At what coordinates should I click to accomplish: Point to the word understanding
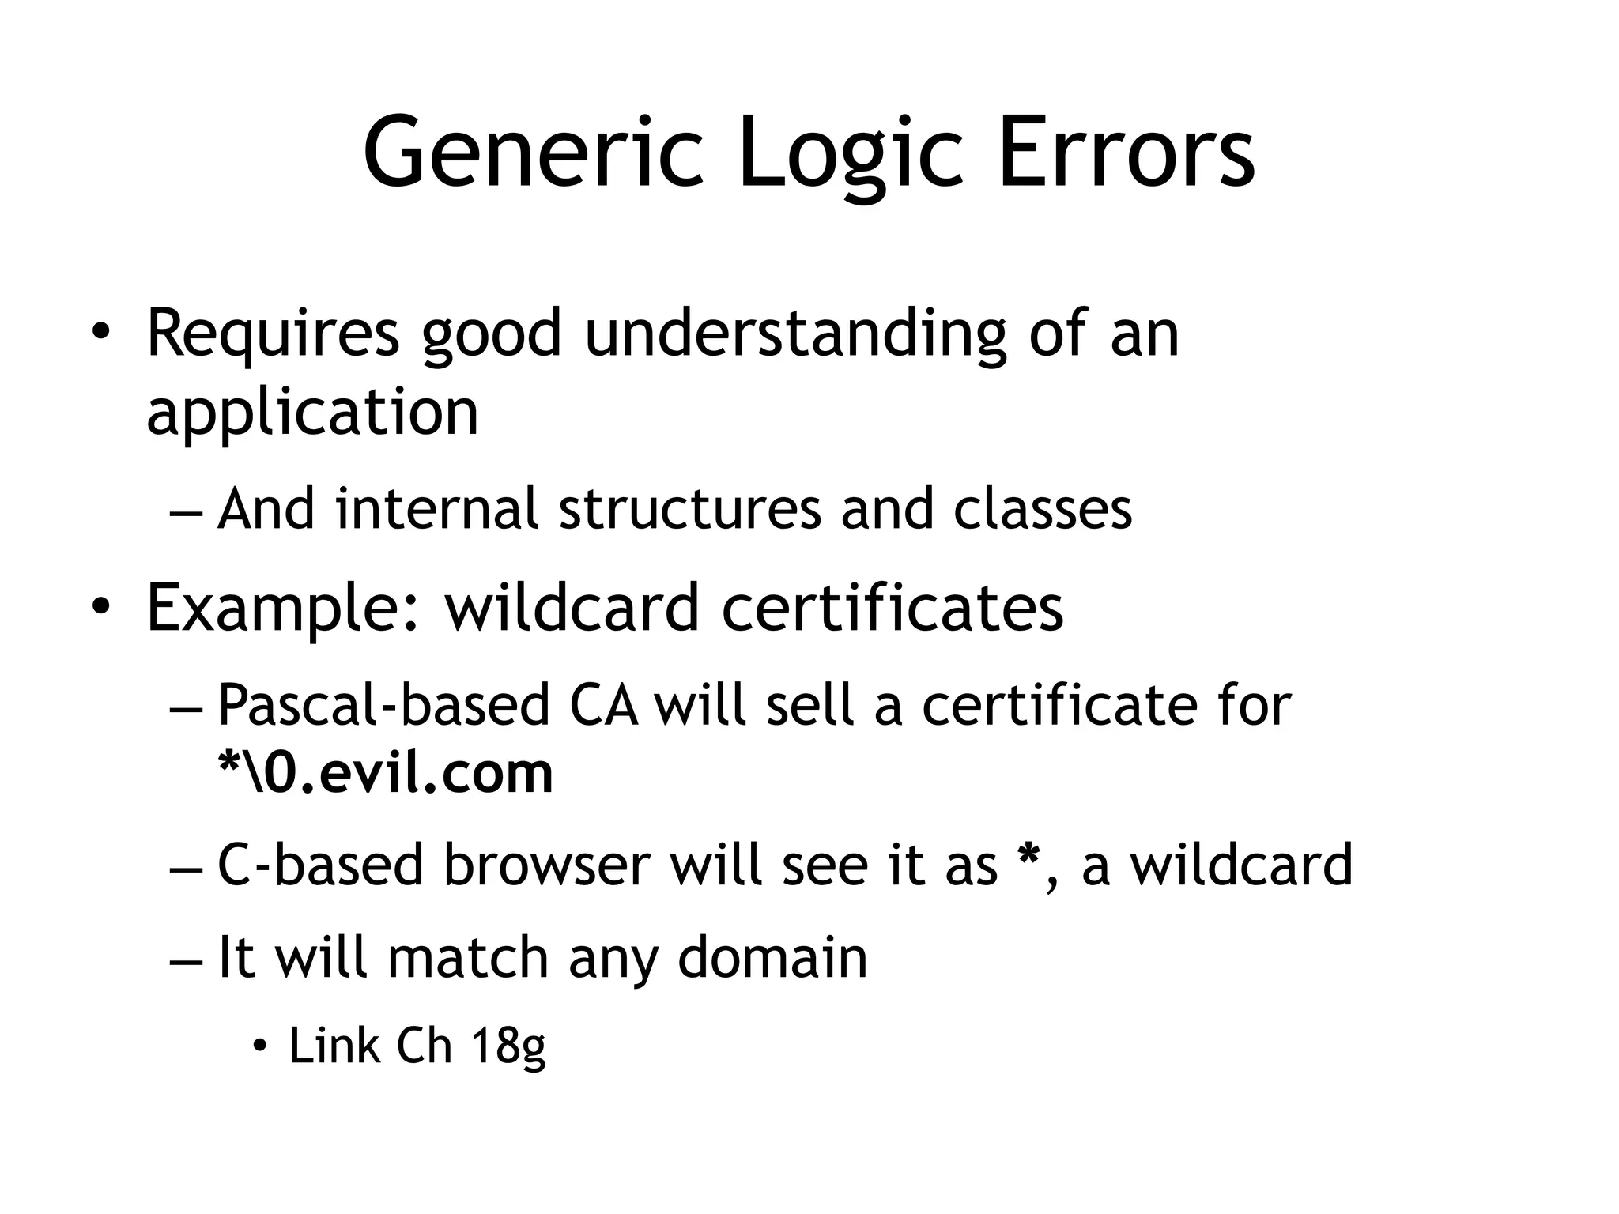[x=795, y=335]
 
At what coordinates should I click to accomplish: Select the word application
[x=312, y=413]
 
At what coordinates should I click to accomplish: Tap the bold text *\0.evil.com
[x=385, y=774]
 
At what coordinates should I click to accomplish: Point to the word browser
[x=548, y=865]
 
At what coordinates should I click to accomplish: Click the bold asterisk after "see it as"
[x=1028, y=858]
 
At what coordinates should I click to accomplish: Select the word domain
[x=772, y=958]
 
